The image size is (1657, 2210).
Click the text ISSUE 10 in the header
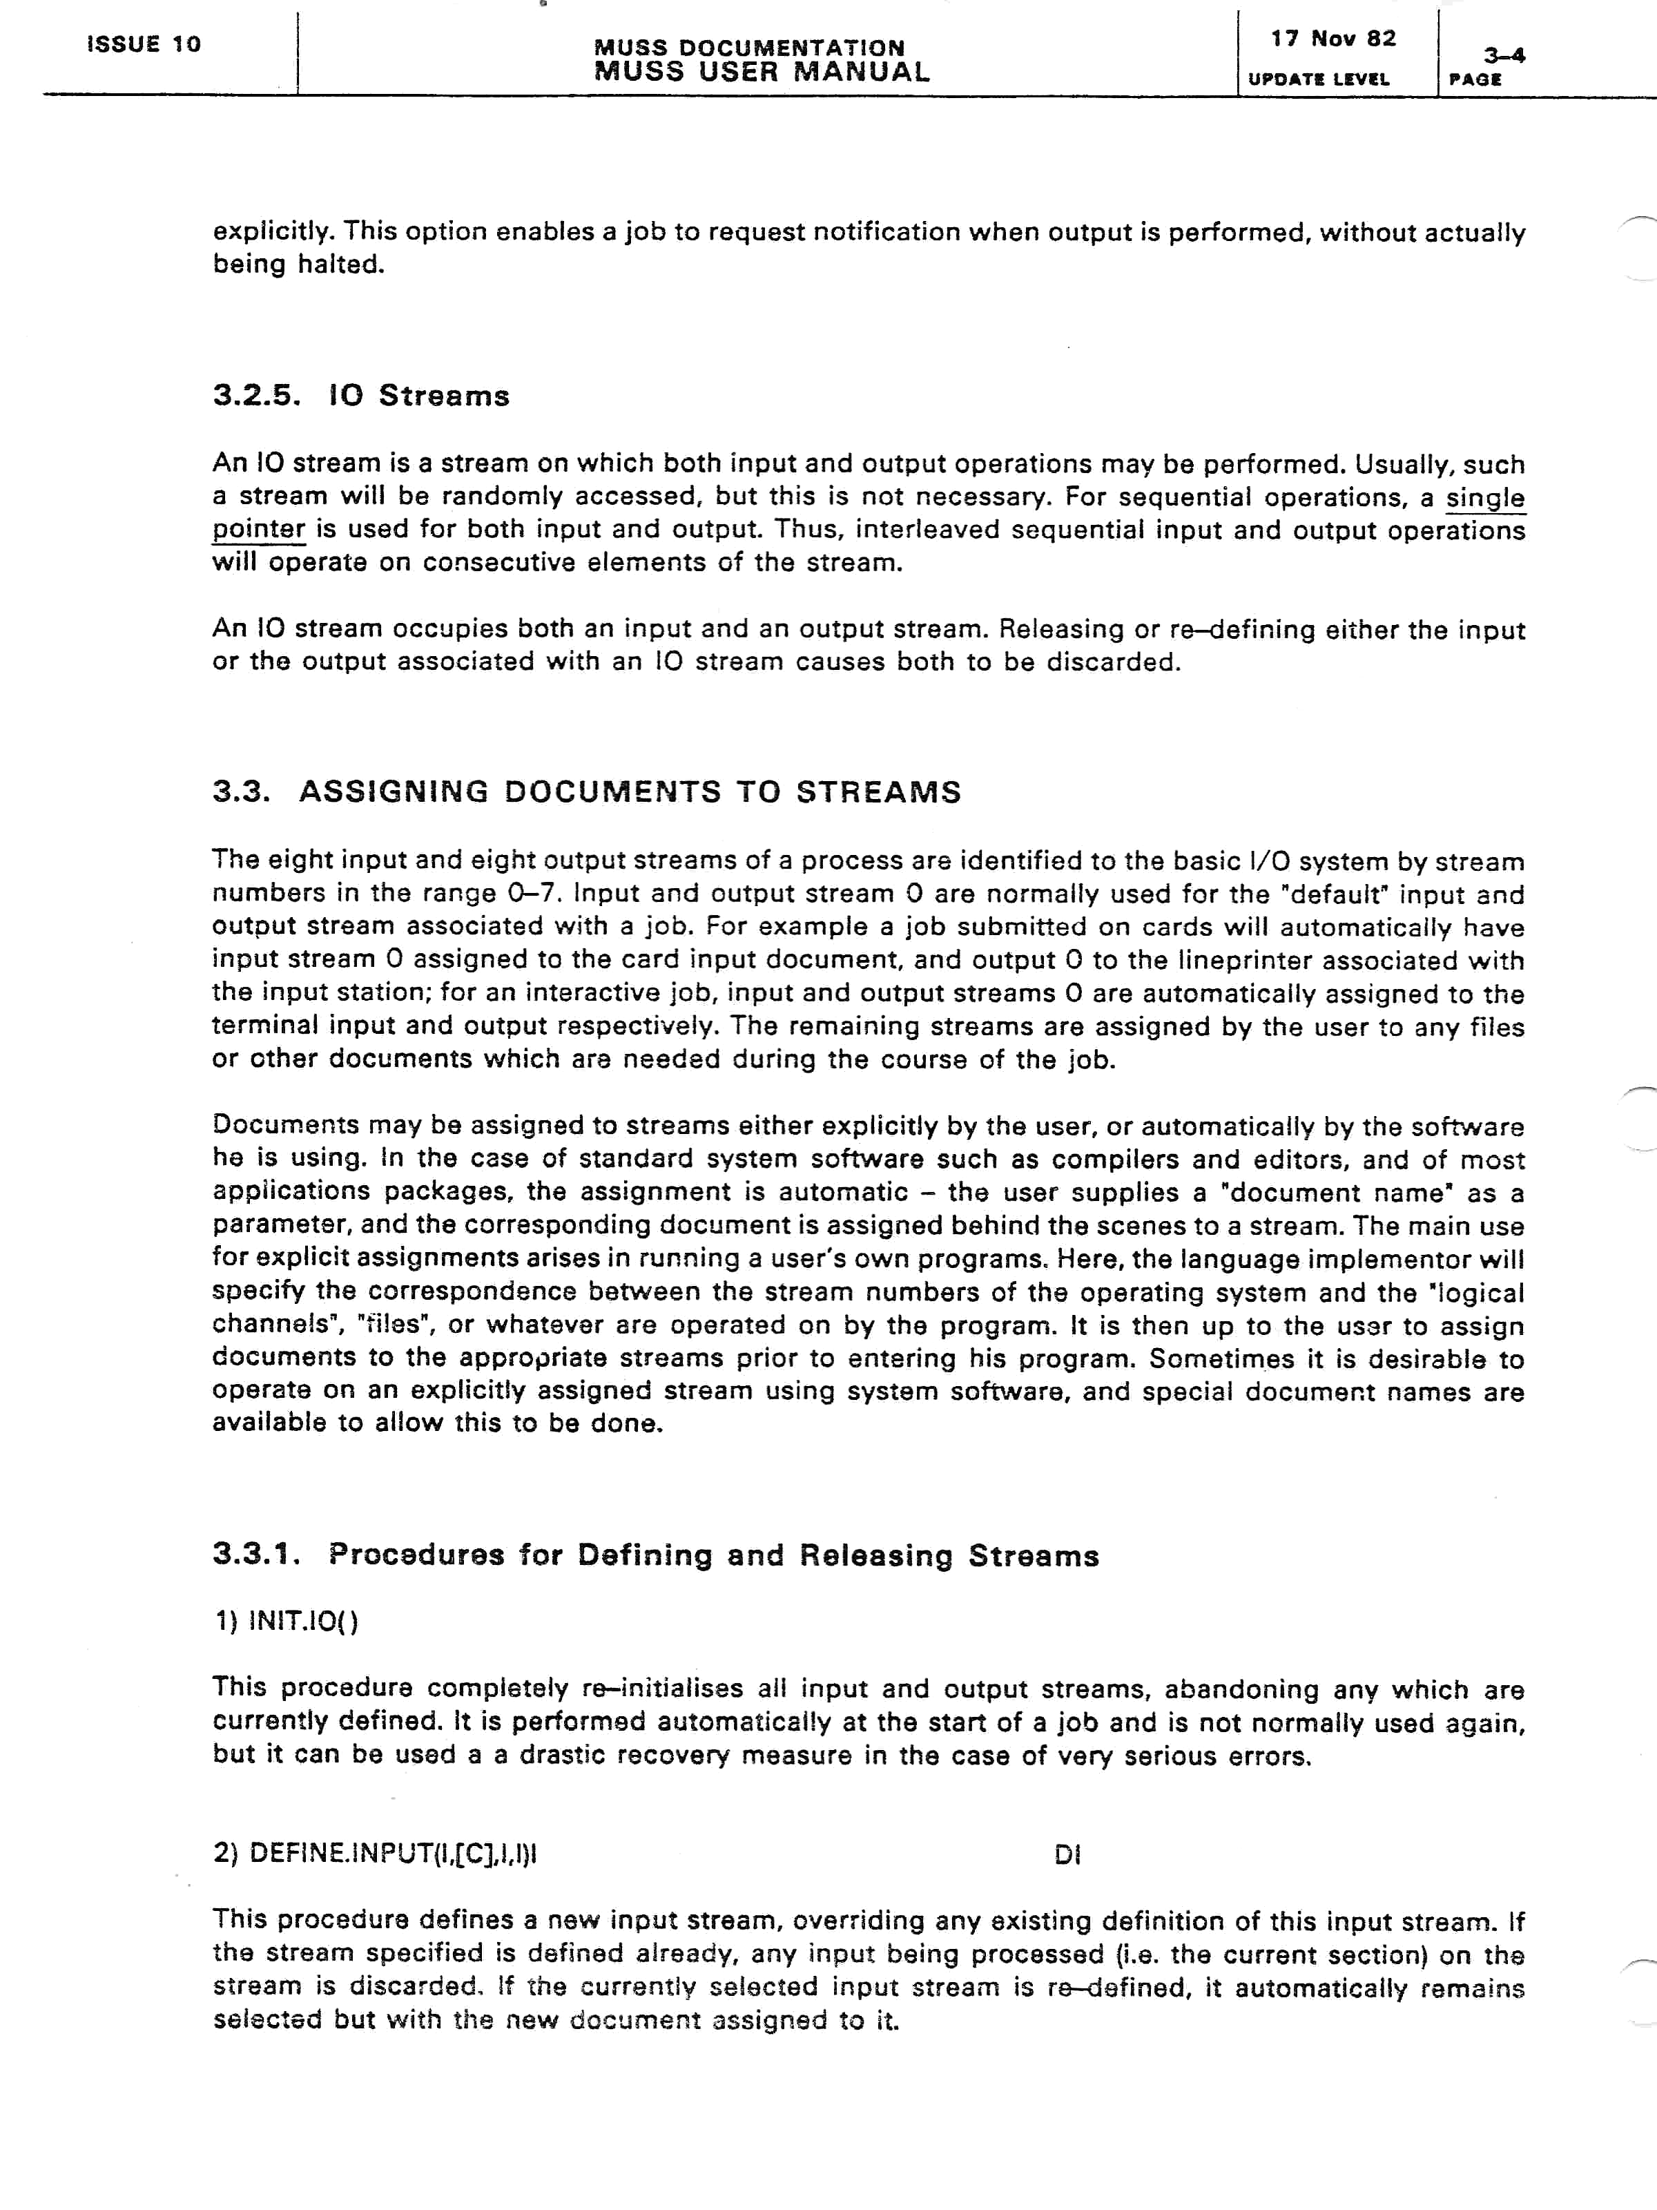pos(144,44)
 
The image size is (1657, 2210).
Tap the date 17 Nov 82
pos(1333,39)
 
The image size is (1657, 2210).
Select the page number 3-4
pos(1503,56)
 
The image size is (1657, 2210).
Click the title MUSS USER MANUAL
pos(761,72)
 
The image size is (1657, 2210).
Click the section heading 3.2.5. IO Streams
pos(360,396)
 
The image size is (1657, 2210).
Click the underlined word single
pos(1485,497)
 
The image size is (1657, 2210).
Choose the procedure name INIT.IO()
pos(302,1620)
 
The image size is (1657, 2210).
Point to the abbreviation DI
pos(1067,1855)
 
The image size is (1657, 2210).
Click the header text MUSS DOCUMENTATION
pos(749,47)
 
